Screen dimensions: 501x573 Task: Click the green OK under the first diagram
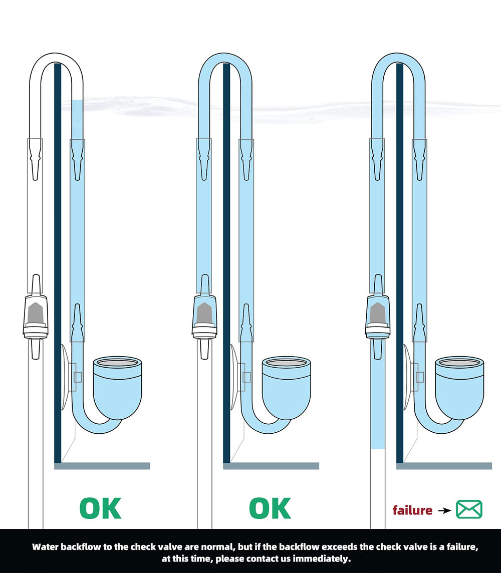(x=101, y=508)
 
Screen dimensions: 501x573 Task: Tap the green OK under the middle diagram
(x=270, y=508)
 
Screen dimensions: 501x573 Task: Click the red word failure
(x=412, y=510)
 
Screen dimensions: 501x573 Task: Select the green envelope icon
(x=469, y=509)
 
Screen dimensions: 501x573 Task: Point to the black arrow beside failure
(x=445, y=510)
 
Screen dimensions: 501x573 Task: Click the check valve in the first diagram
(x=36, y=317)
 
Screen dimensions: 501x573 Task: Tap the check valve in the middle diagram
(x=204, y=317)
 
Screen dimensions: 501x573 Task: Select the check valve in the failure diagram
(x=378, y=317)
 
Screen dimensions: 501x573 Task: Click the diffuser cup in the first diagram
(x=117, y=387)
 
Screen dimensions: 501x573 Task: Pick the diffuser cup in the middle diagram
(x=287, y=387)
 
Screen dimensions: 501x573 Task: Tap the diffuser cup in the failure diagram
(x=459, y=387)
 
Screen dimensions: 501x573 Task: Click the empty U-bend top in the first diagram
(x=56, y=59)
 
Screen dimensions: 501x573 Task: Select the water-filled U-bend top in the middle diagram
(x=225, y=59)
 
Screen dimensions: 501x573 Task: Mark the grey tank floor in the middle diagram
(x=271, y=466)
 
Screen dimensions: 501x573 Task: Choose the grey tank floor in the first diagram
(x=102, y=466)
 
